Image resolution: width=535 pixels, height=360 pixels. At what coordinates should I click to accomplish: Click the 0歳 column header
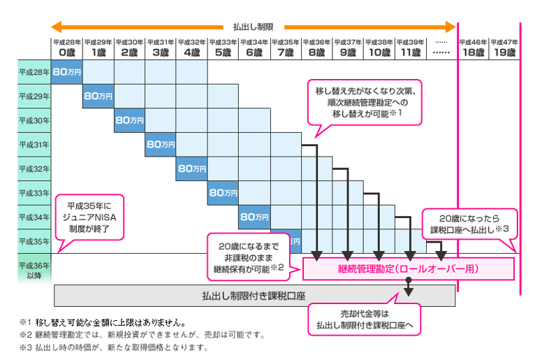[x=66, y=48]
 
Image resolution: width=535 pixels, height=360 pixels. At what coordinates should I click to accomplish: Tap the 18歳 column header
[x=473, y=48]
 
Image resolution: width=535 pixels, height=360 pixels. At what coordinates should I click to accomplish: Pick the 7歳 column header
[x=286, y=48]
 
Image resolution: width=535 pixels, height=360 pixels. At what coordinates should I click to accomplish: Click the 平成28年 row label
[x=34, y=72]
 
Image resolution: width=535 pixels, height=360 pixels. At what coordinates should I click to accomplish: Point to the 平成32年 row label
[x=34, y=168]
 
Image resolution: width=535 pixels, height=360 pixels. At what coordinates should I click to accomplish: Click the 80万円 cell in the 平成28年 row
[x=67, y=72]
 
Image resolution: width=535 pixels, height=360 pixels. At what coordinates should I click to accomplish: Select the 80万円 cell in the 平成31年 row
[x=161, y=145]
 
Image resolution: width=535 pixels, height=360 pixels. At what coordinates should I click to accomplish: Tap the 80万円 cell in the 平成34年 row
[x=254, y=217]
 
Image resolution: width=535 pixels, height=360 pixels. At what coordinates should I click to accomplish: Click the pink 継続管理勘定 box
[x=409, y=268]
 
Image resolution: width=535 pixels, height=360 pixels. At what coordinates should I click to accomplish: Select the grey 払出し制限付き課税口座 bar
[x=254, y=295]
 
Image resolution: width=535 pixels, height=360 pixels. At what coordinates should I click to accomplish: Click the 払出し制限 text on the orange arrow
[x=254, y=27]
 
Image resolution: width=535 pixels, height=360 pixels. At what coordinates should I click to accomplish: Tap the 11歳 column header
[x=411, y=48]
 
